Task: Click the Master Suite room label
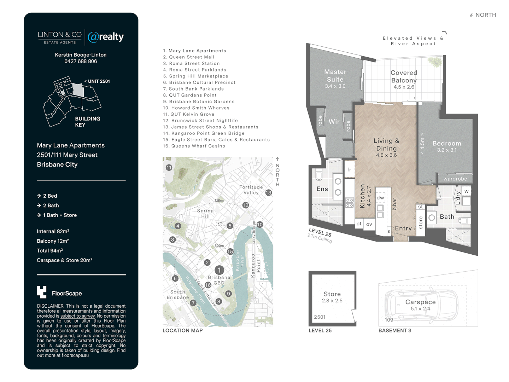[x=335, y=76]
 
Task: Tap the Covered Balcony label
[x=404, y=76]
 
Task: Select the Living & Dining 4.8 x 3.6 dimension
[x=386, y=155]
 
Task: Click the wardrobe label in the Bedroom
[x=455, y=179]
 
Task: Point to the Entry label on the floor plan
[x=403, y=228]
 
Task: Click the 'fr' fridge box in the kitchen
[x=349, y=170]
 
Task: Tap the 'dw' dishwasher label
[x=380, y=198]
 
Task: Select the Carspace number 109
[x=389, y=320]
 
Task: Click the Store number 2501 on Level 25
[x=320, y=317]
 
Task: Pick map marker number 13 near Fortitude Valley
[x=269, y=193]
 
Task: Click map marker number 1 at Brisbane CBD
[x=219, y=270]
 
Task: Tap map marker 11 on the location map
[x=169, y=168]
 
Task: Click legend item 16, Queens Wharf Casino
[x=194, y=146]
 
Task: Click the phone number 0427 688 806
[x=81, y=61]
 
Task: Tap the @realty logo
[x=106, y=37]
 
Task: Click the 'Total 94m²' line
[x=50, y=251]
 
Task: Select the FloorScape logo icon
[x=42, y=292]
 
